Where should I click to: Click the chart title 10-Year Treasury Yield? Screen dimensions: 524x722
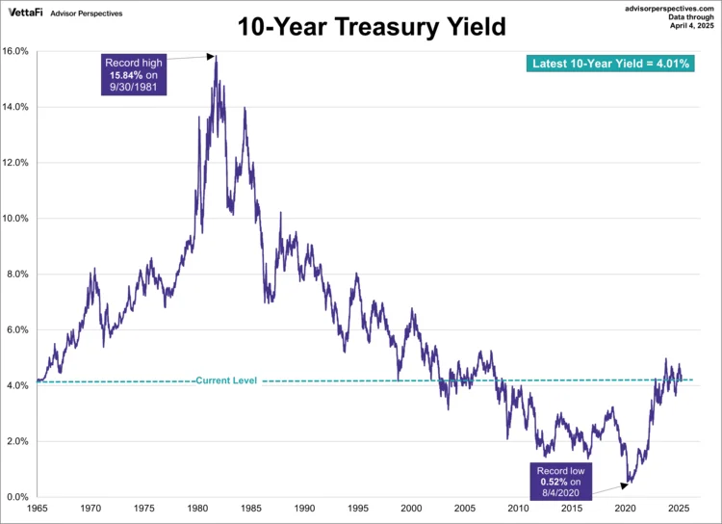coord(372,27)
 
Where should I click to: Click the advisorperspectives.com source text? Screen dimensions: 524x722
coord(664,7)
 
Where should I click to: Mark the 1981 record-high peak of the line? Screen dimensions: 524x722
coord(216,56)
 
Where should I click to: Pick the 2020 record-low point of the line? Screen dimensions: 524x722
coord(628,482)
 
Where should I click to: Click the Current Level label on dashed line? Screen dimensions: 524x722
coord(226,381)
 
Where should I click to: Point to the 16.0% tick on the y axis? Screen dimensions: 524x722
coord(17,51)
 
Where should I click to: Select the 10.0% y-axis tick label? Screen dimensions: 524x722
coord(17,219)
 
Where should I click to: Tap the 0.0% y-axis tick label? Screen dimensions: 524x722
coord(19,497)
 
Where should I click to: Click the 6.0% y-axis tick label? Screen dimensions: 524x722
coord(19,330)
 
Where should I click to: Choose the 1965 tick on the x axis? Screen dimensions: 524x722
coord(39,508)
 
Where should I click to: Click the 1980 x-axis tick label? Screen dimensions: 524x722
coord(198,508)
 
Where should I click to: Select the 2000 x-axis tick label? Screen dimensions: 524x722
coord(412,508)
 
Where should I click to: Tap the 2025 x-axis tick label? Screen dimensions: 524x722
coord(679,508)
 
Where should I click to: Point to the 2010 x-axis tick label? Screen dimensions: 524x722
coord(519,508)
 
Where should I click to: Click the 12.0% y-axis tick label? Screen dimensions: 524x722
coord(17,163)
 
